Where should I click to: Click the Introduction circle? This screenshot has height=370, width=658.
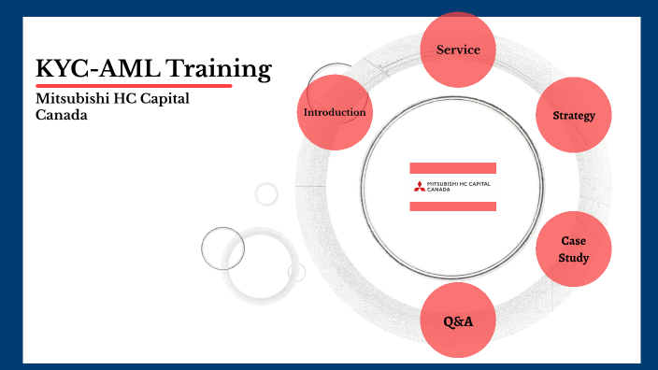click(x=334, y=112)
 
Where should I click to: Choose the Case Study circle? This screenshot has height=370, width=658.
click(x=573, y=249)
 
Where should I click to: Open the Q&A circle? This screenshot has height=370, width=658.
click(x=458, y=320)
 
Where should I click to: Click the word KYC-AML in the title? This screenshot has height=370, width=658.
click(x=87, y=68)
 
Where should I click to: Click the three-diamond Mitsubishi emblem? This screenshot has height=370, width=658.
click(x=418, y=186)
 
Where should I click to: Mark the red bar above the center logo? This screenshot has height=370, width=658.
click(x=453, y=167)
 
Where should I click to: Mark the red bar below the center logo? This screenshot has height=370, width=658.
click(x=453, y=205)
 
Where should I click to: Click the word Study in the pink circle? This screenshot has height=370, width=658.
click(x=573, y=257)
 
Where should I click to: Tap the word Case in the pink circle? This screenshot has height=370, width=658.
click(x=573, y=240)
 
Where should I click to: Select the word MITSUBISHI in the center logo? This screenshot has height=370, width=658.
click(x=442, y=183)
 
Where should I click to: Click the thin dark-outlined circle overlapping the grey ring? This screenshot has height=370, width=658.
click(x=222, y=249)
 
